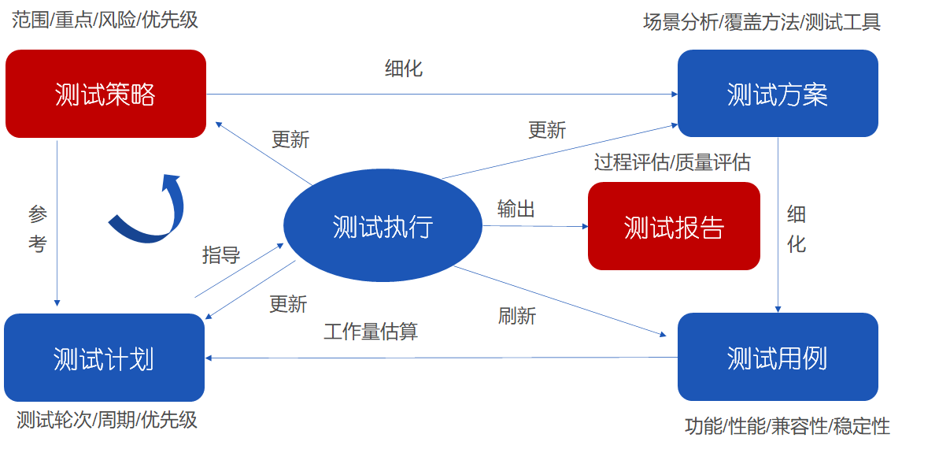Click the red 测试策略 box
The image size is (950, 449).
[x=105, y=95]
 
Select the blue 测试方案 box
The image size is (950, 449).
[x=777, y=95]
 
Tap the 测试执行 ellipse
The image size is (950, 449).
[x=383, y=227]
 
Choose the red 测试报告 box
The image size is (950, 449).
[x=674, y=227]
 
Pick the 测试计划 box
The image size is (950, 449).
[x=104, y=358]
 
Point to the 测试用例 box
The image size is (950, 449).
[x=777, y=358]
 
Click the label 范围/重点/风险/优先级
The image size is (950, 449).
[x=105, y=19]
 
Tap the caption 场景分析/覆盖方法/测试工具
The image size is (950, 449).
[x=761, y=22]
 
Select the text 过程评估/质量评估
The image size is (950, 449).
[x=672, y=162]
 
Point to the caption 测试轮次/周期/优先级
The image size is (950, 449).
[x=107, y=419]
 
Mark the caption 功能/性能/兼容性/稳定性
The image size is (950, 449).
[x=787, y=426]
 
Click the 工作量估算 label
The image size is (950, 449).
[x=371, y=331]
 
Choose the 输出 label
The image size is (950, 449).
[x=516, y=209]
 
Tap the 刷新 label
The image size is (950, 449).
[x=517, y=316]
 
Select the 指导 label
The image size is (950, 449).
[x=221, y=254]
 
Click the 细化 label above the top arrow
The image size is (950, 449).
[x=404, y=69]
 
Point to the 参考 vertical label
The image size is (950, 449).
[x=37, y=228]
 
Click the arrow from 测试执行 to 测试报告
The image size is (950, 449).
[x=535, y=226]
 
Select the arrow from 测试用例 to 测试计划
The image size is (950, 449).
[x=441, y=358]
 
